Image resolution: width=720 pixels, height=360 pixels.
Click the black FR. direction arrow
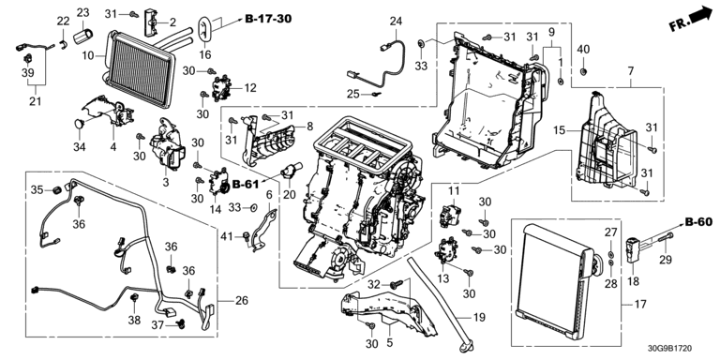(x=701, y=15)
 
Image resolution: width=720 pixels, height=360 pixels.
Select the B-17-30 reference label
(x=268, y=19)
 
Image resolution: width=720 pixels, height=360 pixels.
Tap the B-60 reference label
(x=698, y=223)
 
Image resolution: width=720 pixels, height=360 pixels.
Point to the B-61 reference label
(x=246, y=185)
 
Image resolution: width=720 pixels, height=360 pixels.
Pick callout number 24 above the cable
(x=396, y=22)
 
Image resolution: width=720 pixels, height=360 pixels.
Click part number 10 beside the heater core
(x=88, y=56)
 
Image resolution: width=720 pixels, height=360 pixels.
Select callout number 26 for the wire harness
(x=242, y=301)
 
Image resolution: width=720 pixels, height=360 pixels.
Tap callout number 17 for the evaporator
(x=640, y=304)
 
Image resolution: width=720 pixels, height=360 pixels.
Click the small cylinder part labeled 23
(x=83, y=35)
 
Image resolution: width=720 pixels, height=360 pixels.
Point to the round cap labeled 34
(x=80, y=123)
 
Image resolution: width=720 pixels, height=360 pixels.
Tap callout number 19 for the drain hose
(x=478, y=317)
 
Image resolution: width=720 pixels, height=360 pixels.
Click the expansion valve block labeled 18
(x=634, y=248)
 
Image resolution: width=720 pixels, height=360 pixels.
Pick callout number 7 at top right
(x=630, y=71)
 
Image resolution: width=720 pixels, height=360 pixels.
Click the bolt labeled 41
(x=247, y=237)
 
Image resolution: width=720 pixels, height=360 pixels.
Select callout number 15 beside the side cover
(x=559, y=131)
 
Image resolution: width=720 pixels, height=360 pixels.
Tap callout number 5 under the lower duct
(x=390, y=342)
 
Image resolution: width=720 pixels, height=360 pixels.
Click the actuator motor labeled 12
(x=220, y=88)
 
